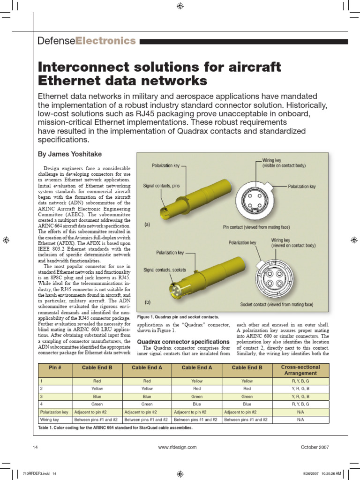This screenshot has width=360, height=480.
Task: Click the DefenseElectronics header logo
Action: pyautogui.click(x=87, y=41)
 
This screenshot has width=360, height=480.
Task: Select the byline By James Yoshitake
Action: pyautogui.click(x=69, y=154)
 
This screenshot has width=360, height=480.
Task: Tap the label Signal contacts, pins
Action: pyautogui.click(x=161, y=186)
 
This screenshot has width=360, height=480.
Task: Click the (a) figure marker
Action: pyautogui.click(x=147, y=225)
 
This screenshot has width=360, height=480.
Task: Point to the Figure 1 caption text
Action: pyautogui.click(x=178, y=317)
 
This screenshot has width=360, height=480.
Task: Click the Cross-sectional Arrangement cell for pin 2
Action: pyautogui.click(x=300, y=389)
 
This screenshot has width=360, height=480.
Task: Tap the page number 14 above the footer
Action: pyautogui.click(x=35, y=447)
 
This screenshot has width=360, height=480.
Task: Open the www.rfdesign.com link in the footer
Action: pyautogui.click(x=178, y=447)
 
